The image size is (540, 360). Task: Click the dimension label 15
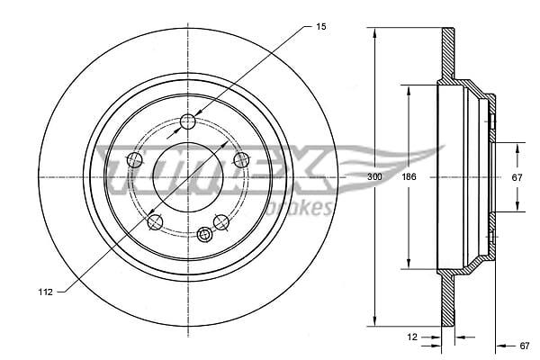coord(320,26)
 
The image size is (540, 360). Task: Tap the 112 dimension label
coord(46,292)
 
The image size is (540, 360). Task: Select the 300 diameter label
coord(374,176)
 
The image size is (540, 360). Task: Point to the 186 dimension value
coord(409,176)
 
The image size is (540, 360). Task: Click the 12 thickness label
coord(412,337)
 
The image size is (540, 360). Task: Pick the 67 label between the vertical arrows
coord(517,177)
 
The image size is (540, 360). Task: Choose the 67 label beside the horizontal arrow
coord(524,346)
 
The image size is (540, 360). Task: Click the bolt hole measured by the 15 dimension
coord(188,121)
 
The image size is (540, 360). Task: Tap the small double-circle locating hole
coord(204,235)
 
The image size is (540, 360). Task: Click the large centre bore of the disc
coord(188,177)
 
